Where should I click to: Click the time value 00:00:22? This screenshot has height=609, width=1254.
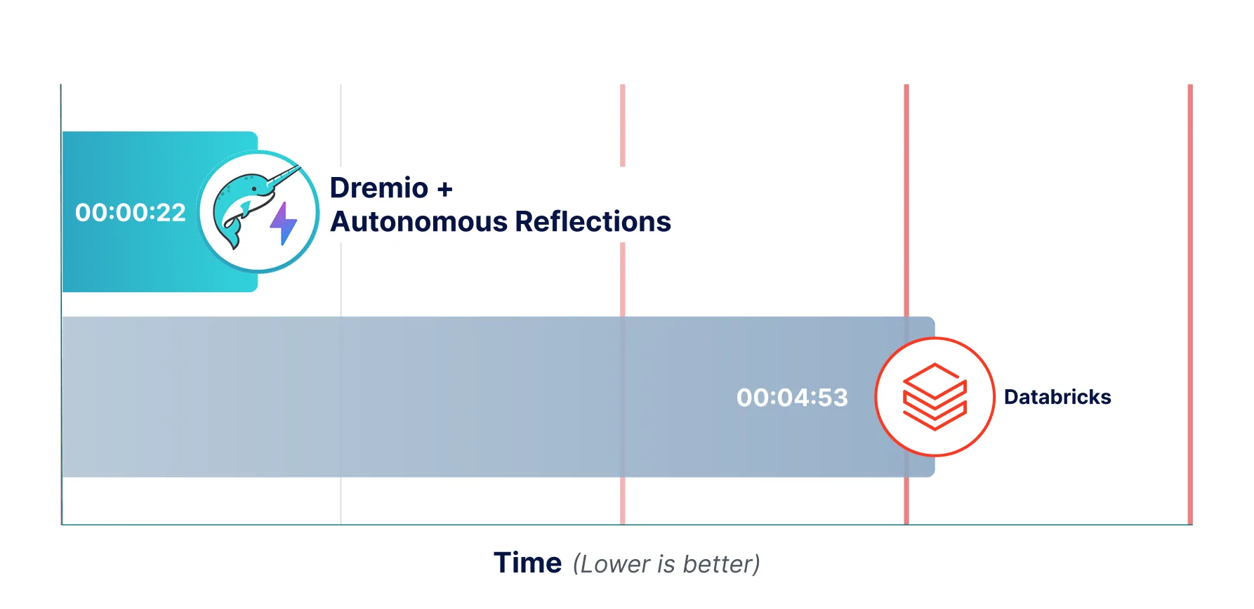131,212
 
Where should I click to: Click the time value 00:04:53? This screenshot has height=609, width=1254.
792,398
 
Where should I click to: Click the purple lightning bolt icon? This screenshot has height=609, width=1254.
284,223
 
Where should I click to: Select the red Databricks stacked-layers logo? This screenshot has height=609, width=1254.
935,397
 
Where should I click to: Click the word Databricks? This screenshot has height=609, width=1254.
1057,397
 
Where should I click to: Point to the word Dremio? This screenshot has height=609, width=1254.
379,188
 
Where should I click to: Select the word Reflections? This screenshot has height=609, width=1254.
593,222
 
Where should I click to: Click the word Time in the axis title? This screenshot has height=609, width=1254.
527,563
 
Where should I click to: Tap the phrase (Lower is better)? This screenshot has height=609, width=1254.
666,564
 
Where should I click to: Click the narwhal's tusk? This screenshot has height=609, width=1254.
284,176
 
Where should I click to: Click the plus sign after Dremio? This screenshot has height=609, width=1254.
445,189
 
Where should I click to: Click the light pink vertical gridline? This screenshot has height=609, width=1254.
623,126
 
